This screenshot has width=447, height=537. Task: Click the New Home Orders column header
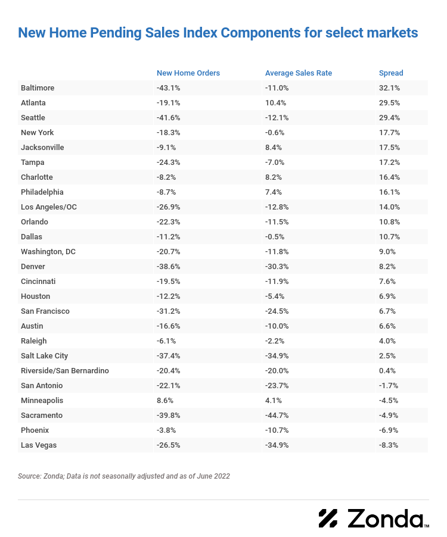pyautogui.click(x=188, y=73)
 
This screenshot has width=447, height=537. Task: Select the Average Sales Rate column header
pyautogui.click(x=298, y=73)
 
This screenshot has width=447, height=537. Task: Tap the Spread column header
pyautogui.click(x=391, y=73)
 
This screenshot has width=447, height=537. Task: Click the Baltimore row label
pyautogui.click(x=38, y=88)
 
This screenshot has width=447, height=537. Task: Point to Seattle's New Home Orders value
pyautogui.click(x=169, y=118)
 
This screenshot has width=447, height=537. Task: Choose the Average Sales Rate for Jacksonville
pyautogui.click(x=274, y=148)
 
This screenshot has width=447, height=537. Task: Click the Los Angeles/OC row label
pyautogui.click(x=49, y=207)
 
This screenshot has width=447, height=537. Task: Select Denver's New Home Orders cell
pyautogui.click(x=169, y=267)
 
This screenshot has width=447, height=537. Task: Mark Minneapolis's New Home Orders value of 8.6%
pyautogui.click(x=166, y=401)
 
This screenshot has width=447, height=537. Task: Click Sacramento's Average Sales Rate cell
pyautogui.click(x=277, y=416)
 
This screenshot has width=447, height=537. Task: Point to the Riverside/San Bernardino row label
pyautogui.click(x=65, y=371)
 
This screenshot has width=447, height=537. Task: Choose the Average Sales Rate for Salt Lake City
pyautogui.click(x=277, y=356)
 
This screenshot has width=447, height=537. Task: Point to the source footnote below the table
pyautogui.click(x=124, y=476)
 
